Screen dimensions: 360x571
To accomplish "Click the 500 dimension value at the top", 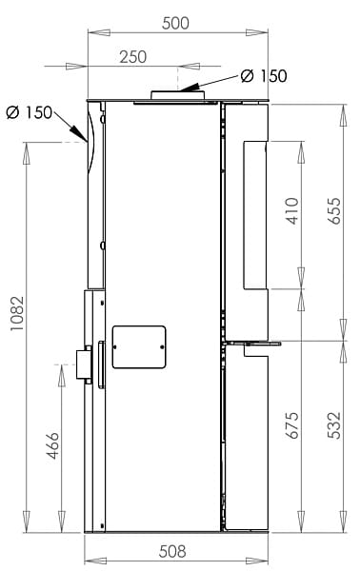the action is (x=175, y=23).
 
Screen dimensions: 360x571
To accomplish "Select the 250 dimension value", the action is (x=133, y=57).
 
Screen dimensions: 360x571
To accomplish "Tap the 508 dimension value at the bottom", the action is (x=172, y=551).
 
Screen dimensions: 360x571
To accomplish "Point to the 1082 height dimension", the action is (x=17, y=313).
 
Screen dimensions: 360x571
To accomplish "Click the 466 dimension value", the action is (x=52, y=445).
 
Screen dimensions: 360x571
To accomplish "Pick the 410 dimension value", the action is (x=292, y=211).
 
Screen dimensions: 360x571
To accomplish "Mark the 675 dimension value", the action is (x=292, y=425).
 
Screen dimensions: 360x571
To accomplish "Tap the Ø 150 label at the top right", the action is (x=264, y=76).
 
